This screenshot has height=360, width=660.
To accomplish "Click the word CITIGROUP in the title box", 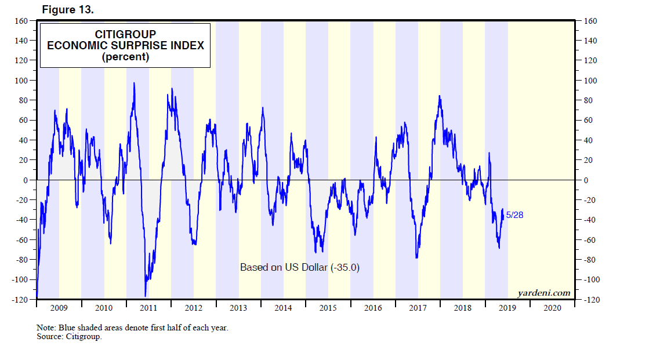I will [x=125, y=34].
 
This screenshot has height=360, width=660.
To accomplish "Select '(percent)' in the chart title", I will [x=125, y=57].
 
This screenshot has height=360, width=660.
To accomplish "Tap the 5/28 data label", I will [x=515, y=215].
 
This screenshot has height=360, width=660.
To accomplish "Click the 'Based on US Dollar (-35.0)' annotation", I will [x=300, y=267].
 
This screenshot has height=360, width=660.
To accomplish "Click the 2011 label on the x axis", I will [x=148, y=308].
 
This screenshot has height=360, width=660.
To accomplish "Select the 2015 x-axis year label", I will [x=328, y=308].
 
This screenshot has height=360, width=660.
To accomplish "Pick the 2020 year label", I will [x=552, y=308].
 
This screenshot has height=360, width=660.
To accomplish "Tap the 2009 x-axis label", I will [x=59, y=308].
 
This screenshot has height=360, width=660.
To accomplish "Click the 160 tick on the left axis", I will [x=22, y=21].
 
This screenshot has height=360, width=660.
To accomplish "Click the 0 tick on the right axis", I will [x=586, y=180].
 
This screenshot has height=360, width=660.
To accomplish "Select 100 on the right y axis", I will [x=590, y=81].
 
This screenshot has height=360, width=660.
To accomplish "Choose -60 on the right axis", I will [x=590, y=240].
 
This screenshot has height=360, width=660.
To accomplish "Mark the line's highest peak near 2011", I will [x=135, y=83].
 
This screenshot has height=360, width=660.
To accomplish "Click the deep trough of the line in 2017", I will [x=416, y=257].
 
